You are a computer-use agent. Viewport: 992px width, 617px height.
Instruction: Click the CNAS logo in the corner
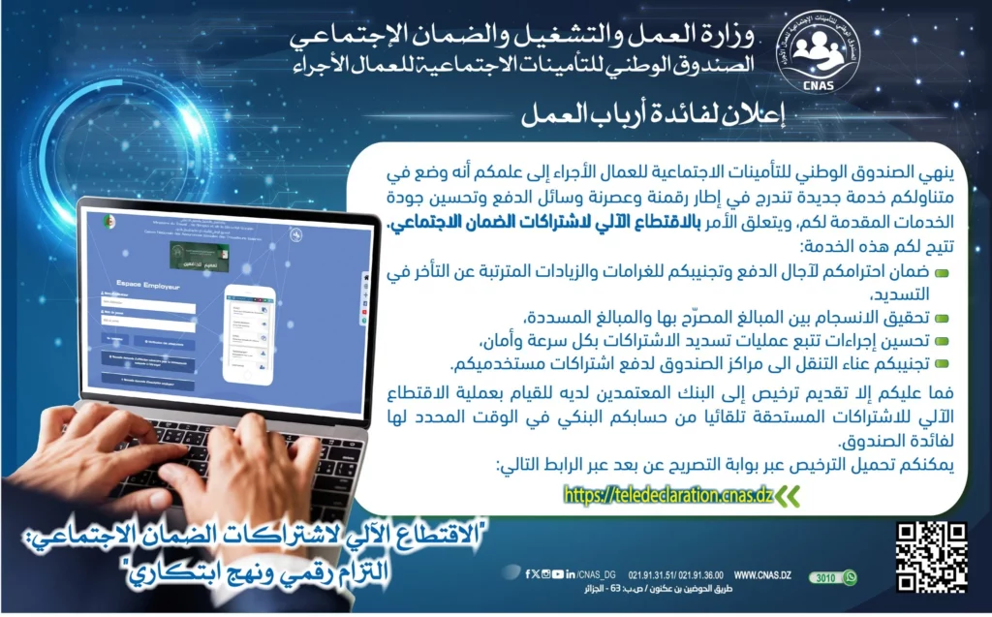tap(821, 52)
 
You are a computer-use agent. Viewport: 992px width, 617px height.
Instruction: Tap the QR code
tap(930, 556)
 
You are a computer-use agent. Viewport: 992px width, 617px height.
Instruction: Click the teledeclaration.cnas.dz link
tap(667, 496)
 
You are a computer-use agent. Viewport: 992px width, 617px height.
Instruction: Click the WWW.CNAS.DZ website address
tap(765, 575)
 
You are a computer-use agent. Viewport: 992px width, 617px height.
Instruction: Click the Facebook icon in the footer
tap(528, 574)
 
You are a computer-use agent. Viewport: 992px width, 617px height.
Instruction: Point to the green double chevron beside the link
tap(789, 497)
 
